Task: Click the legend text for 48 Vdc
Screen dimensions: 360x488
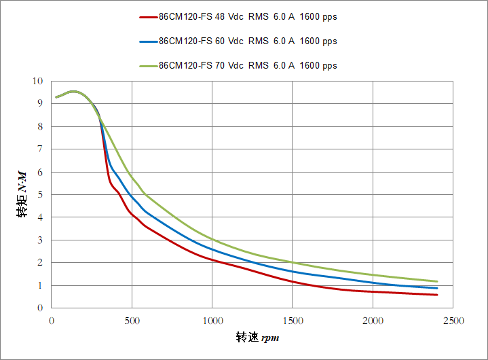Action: (248, 18)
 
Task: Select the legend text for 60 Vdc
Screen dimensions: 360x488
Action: (248, 41)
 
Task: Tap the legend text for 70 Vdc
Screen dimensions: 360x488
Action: (248, 66)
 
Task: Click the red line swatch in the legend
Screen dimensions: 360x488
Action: (148, 18)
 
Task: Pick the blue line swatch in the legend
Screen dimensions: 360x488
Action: (148, 41)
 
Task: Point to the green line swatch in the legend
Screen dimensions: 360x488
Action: (148, 66)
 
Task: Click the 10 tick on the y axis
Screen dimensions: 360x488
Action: (37, 81)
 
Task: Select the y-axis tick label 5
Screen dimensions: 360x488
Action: (40, 194)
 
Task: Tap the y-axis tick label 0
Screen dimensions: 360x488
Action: (40, 308)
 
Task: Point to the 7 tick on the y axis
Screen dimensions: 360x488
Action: (40, 149)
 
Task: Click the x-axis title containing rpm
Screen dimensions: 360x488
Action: (257, 338)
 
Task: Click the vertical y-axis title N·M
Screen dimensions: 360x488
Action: (23, 194)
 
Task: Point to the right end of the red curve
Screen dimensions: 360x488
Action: (437, 295)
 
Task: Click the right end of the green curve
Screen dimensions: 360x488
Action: (437, 281)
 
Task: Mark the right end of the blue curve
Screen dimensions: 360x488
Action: (437, 288)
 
